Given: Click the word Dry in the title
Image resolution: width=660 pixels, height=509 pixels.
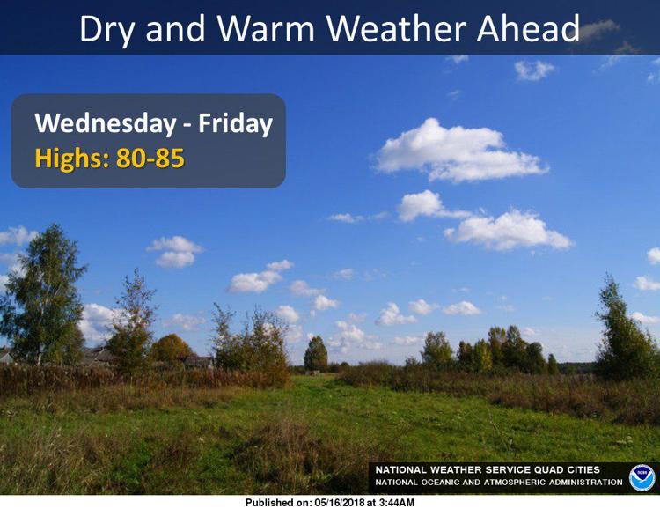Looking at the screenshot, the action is (107, 29).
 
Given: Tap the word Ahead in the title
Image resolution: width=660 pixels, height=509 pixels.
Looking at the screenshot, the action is (528, 28).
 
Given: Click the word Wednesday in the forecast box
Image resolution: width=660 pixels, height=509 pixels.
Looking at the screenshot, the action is (106, 124).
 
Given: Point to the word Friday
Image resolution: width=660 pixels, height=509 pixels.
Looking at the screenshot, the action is (235, 124).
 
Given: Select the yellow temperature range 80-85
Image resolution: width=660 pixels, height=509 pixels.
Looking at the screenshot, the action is (150, 159).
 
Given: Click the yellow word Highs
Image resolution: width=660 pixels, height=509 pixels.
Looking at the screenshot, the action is (72, 159).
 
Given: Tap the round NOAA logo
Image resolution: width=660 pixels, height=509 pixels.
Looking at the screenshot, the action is (642, 478).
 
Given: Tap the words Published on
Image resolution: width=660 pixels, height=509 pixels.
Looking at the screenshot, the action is (278, 503).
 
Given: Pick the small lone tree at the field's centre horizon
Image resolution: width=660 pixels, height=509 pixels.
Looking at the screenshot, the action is (316, 354).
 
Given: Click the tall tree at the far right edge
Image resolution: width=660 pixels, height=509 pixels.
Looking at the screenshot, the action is (623, 328).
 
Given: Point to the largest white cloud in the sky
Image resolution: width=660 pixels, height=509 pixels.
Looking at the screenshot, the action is (458, 151).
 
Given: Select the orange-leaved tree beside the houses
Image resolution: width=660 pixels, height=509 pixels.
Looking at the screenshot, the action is (171, 349).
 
